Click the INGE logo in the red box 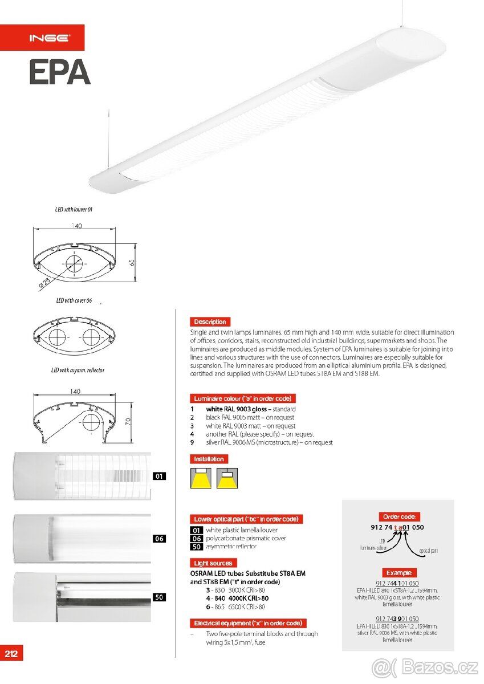[50, 38]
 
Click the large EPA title [60, 72]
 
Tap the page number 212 [11, 653]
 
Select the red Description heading [210, 321]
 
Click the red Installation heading [209, 459]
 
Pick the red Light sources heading [213, 563]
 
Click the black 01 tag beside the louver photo [160, 476]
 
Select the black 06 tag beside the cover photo [160, 538]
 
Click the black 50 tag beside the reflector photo [160, 597]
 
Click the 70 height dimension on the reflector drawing [128, 422]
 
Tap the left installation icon [201, 478]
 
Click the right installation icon [226, 478]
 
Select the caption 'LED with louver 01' [74, 210]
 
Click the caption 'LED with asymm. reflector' [78, 370]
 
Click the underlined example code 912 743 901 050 [397, 618]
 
